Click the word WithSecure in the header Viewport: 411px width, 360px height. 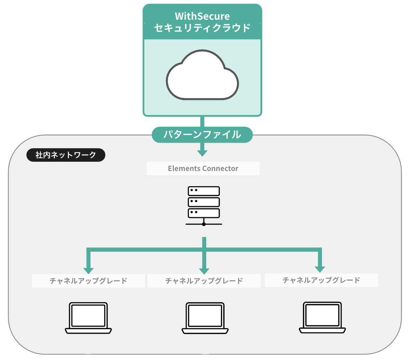click(x=202, y=16)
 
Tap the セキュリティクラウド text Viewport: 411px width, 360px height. click(x=202, y=28)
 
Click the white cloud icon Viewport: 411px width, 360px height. click(x=202, y=75)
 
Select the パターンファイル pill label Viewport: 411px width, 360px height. click(x=202, y=135)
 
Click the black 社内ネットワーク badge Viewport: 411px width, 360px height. click(x=66, y=155)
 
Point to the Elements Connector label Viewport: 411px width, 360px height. click(x=203, y=168)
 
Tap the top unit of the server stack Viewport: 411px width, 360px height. click(x=204, y=191)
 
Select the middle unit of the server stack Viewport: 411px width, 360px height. click(x=204, y=202)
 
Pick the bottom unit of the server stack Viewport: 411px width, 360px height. click(x=204, y=213)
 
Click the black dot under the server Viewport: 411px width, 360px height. click(x=204, y=224)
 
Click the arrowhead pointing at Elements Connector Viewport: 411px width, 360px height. click(x=202, y=153)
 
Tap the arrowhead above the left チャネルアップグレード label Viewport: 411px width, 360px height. click(x=88, y=271)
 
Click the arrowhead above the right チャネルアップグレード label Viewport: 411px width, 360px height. click(x=320, y=269)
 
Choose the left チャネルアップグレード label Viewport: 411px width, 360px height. click(x=88, y=281)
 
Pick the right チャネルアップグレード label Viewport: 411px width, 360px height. click(x=321, y=280)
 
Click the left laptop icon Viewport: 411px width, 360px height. click(x=88, y=318)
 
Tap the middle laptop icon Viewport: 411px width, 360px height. click(x=205, y=318)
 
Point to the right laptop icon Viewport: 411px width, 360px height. click(x=322, y=317)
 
